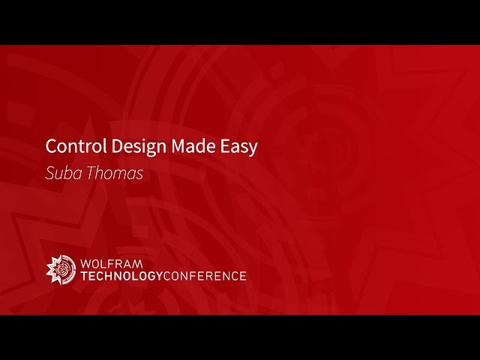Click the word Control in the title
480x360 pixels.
click(x=70, y=145)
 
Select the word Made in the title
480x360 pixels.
click(x=190, y=145)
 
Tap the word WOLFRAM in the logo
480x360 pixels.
click(x=111, y=263)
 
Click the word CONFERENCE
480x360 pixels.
click(x=205, y=276)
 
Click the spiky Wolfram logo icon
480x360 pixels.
click(x=61, y=269)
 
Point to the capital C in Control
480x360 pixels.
click(x=50, y=145)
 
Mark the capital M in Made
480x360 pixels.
click(x=177, y=145)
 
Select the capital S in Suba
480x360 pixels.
click(x=49, y=173)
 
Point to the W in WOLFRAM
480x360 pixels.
click(x=85, y=263)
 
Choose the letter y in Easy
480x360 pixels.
click(x=253, y=148)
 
